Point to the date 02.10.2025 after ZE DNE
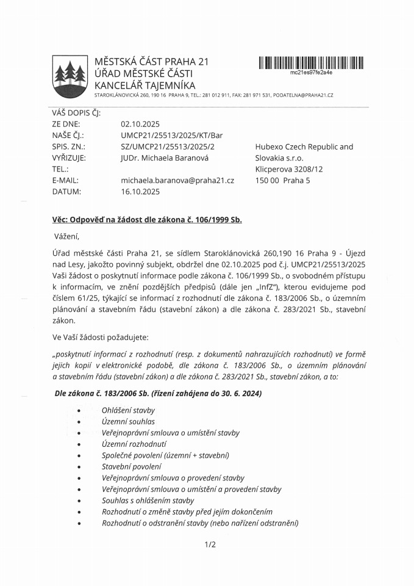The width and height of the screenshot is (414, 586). [x=140, y=124]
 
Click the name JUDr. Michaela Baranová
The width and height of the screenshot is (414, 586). [x=165, y=157]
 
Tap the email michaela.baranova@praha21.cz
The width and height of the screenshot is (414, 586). [x=177, y=180]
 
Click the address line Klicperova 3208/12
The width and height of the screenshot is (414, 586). [x=289, y=169]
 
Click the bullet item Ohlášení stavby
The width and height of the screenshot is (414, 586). [x=128, y=410]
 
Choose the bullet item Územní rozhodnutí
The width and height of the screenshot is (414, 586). [x=134, y=444]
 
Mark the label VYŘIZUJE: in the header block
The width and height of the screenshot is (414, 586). [x=70, y=157]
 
